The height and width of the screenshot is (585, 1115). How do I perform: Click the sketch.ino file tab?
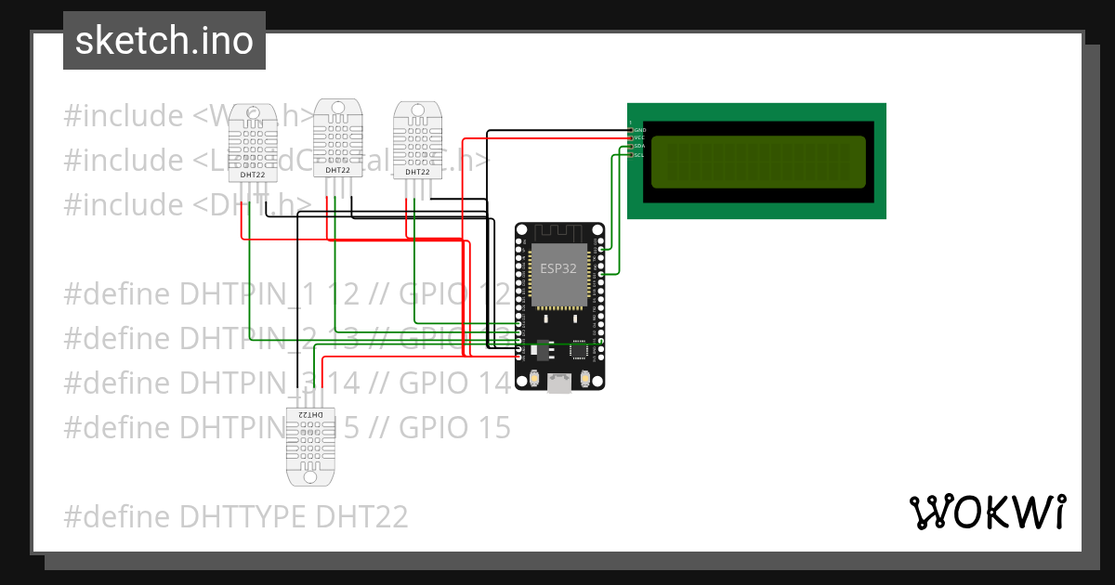click(164, 41)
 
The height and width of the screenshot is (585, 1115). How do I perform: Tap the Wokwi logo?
click(987, 512)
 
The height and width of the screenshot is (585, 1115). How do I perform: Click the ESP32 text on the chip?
click(558, 267)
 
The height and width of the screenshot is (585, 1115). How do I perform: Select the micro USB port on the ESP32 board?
click(559, 382)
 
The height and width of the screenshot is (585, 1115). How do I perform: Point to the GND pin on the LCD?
click(632, 130)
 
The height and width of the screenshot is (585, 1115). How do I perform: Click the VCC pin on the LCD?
click(632, 138)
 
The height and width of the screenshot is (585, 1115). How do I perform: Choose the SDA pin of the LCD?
click(632, 147)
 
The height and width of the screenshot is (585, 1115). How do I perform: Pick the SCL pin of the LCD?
click(632, 155)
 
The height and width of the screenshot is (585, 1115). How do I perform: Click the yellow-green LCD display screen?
click(757, 161)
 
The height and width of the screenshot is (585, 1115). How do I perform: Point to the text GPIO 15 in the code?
click(455, 427)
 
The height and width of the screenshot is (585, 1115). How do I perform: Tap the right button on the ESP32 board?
click(585, 379)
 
